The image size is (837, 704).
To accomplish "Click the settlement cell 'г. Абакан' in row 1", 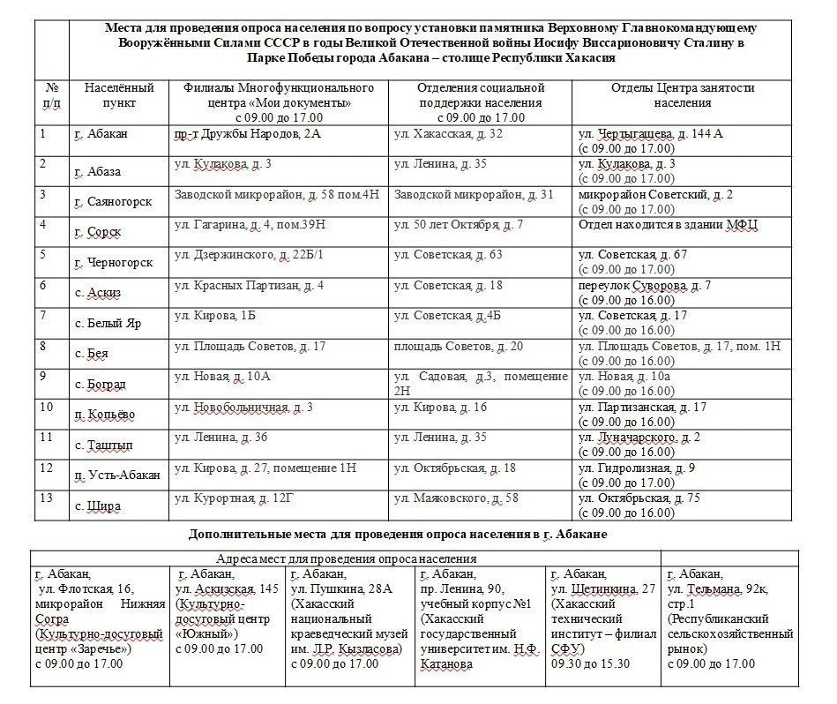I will (x=101, y=134).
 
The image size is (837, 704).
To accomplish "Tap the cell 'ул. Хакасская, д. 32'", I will (x=448, y=134).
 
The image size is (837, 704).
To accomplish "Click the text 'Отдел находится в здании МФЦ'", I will (x=669, y=225).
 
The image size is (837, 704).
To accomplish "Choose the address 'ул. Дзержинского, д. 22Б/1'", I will (x=250, y=256).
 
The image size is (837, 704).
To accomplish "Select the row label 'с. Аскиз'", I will (x=97, y=293).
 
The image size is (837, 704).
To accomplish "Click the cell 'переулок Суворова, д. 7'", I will (x=645, y=286).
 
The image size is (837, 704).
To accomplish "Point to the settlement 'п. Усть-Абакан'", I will (x=117, y=476).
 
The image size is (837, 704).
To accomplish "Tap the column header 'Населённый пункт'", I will (x=119, y=95).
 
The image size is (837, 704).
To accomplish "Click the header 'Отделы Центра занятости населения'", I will (x=683, y=95).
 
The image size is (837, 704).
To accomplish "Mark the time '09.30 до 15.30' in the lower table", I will (x=590, y=663).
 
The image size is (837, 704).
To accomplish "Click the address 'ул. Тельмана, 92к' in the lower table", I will (x=716, y=588).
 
